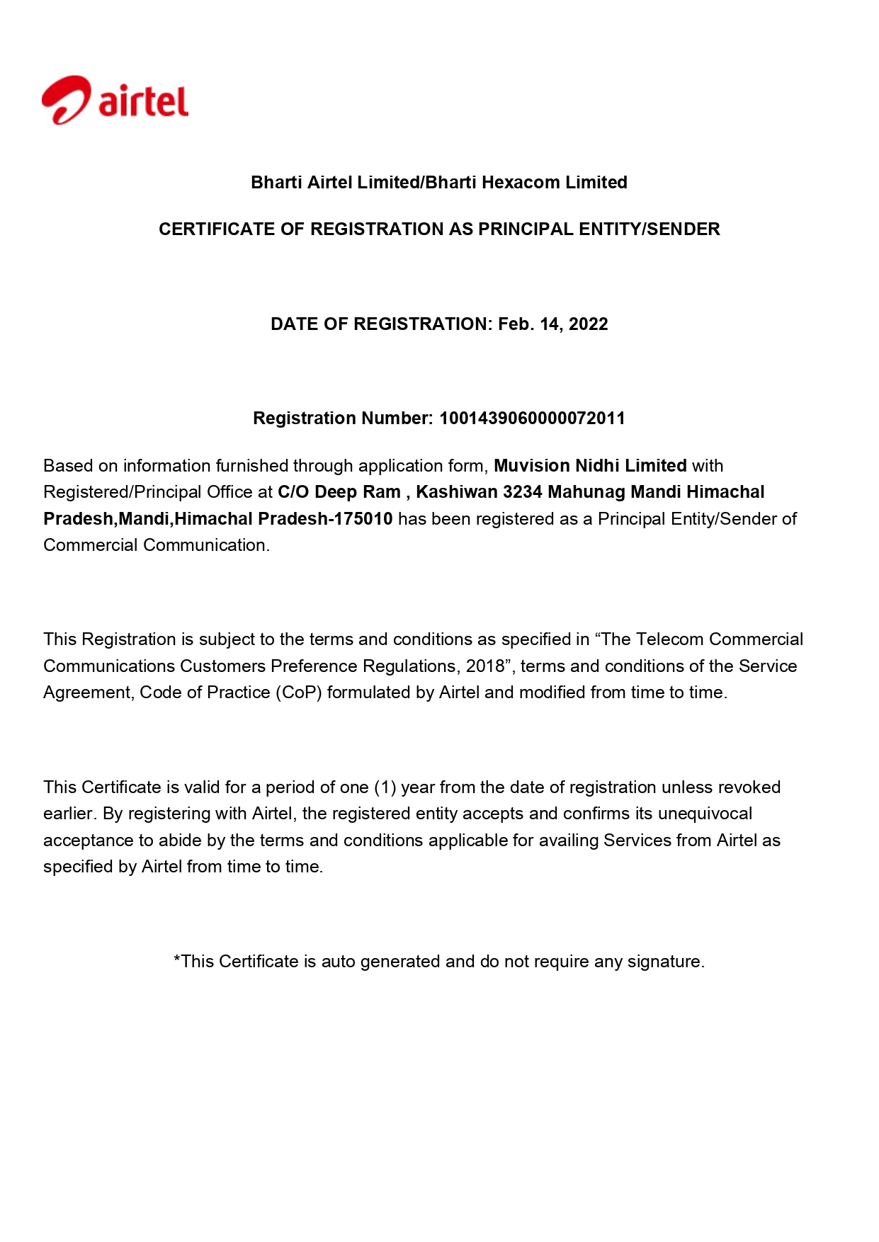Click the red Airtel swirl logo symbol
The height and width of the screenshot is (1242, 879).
click(66, 100)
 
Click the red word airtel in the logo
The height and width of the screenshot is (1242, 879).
click(143, 101)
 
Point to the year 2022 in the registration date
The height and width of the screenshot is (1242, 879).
click(588, 324)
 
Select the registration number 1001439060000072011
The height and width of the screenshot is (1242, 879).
click(532, 418)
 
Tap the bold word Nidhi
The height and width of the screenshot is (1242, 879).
click(598, 466)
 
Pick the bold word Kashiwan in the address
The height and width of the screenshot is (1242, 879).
click(456, 492)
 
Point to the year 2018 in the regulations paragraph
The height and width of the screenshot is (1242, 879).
click(485, 666)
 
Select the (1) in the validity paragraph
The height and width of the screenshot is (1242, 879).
click(385, 787)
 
